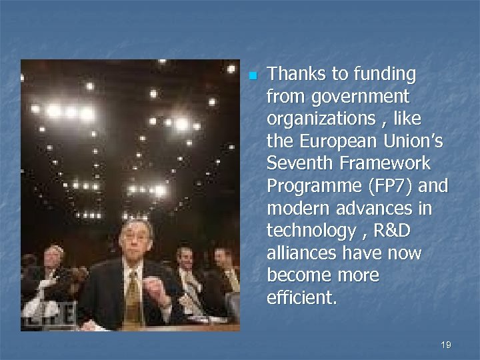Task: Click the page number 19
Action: tap(446, 345)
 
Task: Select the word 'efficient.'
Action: tap(301, 298)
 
